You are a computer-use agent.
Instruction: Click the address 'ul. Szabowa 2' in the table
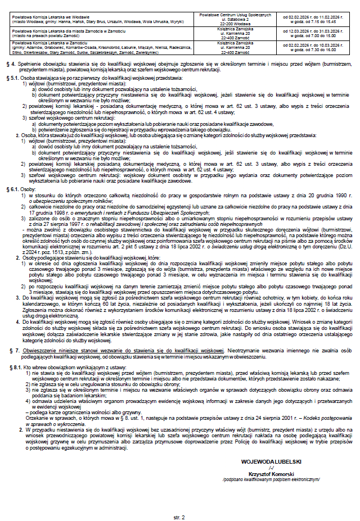235,19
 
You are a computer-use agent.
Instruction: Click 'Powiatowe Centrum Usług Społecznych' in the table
235,14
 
